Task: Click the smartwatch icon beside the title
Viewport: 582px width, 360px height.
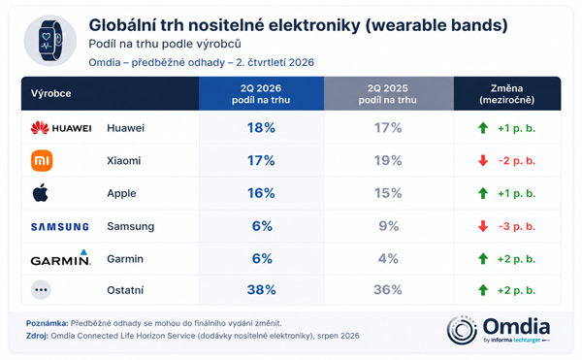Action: [x=50, y=41]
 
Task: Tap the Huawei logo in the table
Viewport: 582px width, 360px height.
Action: [x=61, y=128]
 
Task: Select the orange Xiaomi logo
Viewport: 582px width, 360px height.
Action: [x=42, y=161]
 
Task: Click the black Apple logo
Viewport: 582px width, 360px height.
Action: [x=41, y=193]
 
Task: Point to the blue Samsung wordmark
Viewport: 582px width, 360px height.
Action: [x=60, y=226]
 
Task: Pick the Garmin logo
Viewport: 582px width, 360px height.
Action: [x=61, y=257]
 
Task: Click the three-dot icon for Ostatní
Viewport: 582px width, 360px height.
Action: [x=41, y=290]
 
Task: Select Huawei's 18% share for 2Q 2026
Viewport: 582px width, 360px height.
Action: [x=261, y=128]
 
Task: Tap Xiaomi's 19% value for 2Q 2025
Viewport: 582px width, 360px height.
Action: [x=388, y=161]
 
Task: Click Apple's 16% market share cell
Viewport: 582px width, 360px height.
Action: [x=261, y=193]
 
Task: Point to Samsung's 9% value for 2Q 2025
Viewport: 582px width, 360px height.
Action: [x=389, y=226]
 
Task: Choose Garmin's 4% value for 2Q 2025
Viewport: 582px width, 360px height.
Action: [x=388, y=259]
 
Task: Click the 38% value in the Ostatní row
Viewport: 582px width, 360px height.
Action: [x=261, y=290]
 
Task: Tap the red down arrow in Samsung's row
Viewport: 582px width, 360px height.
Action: [x=483, y=226]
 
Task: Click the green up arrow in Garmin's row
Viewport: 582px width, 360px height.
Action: [x=483, y=259]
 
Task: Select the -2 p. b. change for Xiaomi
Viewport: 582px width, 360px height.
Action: [x=517, y=161]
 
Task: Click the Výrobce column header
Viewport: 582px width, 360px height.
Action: [x=50, y=93]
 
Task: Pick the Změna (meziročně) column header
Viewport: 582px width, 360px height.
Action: [x=507, y=94]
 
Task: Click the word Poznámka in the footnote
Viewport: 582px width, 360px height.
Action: [x=48, y=323]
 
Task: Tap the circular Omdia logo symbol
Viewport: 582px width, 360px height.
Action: [x=462, y=330]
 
